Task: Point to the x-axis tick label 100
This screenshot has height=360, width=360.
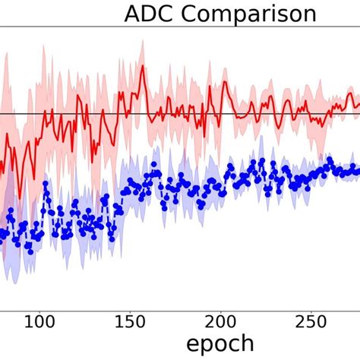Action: pos(39,322)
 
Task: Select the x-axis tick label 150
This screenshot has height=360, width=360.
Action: pos(130,322)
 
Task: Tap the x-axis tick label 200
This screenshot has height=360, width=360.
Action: pos(220,322)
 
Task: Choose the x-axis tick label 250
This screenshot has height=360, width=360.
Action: pos(311,322)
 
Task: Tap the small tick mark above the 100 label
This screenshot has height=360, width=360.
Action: pos(39,307)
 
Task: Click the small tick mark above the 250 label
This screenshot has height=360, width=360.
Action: pos(311,307)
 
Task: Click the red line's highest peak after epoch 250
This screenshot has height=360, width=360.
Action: pos(349,93)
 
